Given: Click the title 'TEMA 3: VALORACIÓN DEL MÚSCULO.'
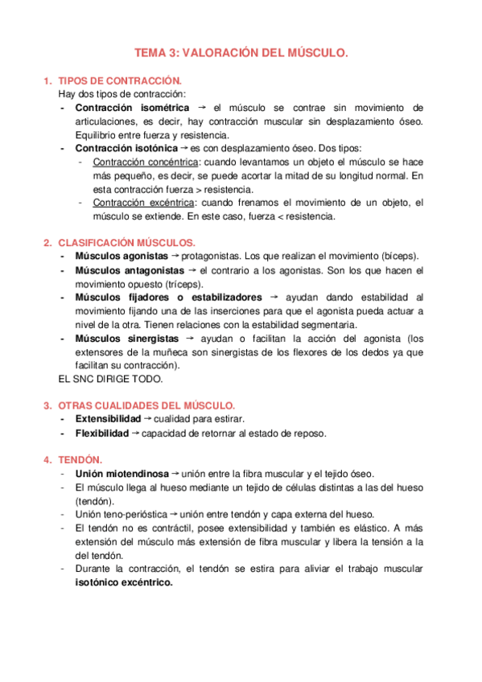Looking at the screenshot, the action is [x=241, y=53].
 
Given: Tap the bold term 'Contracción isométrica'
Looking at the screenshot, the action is [x=132, y=108].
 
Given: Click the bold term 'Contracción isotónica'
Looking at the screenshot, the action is [x=126, y=148].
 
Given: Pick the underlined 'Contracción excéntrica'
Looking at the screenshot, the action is [x=143, y=203].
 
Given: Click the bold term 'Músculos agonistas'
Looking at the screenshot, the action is [x=121, y=257].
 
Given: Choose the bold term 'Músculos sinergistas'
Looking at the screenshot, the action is [x=127, y=339].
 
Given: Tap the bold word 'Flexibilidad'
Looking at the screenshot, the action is [x=101, y=433].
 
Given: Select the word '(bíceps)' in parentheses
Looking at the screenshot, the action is [x=399, y=257].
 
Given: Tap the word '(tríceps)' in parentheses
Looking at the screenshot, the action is [x=183, y=284].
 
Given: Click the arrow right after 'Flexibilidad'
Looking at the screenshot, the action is [x=134, y=433].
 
